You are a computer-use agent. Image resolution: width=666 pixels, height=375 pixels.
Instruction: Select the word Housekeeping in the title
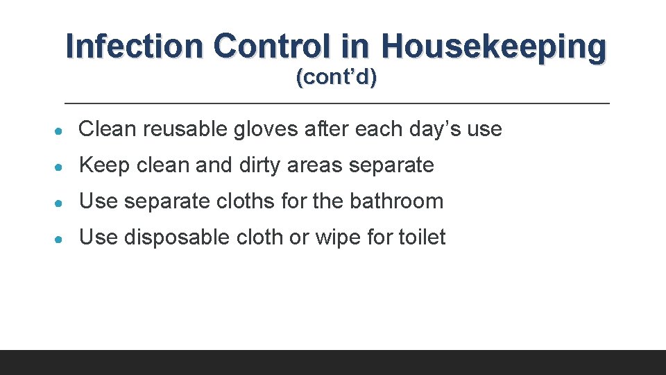pyautogui.click(x=493, y=47)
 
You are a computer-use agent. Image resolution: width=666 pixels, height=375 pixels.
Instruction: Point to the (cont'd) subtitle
pyautogui.click(x=336, y=78)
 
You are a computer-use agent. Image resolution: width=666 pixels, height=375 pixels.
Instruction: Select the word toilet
pyautogui.click(x=422, y=237)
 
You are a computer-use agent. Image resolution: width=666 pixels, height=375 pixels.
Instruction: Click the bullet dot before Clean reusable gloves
pyautogui.click(x=62, y=131)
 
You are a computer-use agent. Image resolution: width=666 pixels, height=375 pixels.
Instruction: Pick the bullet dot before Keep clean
pyautogui.click(x=62, y=167)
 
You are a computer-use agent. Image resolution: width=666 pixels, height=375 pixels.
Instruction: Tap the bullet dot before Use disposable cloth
pyautogui.click(x=62, y=239)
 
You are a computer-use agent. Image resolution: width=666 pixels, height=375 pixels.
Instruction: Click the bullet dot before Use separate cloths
pyautogui.click(x=62, y=203)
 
